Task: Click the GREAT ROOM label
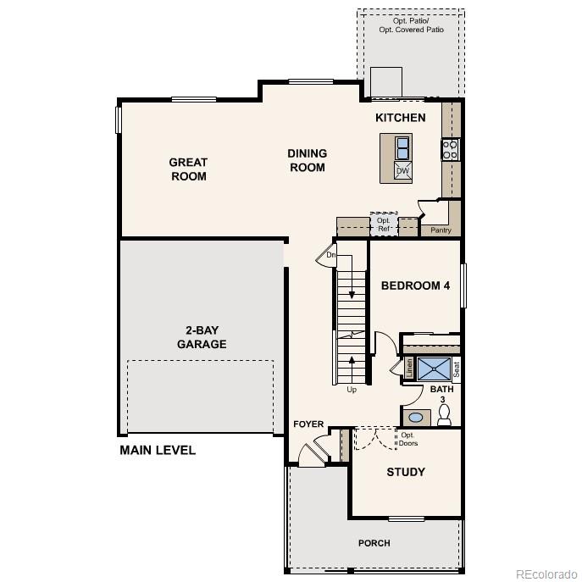(188, 169)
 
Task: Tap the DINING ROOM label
(307, 160)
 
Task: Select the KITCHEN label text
(400, 118)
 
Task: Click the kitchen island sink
(402, 148)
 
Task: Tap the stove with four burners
(450, 150)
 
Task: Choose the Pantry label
(441, 230)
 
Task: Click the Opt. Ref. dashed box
(384, 224)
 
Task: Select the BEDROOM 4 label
(415, 285)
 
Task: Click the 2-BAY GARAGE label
(202, 337)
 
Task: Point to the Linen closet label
(409, 368)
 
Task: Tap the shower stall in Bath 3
(433, 369)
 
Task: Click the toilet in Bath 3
(445, 415)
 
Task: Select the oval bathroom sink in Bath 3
(416, 417)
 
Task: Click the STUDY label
(406, 472)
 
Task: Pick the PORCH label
(374, 543)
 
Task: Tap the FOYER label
(308, 424)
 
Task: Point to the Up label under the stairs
(352, 390)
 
